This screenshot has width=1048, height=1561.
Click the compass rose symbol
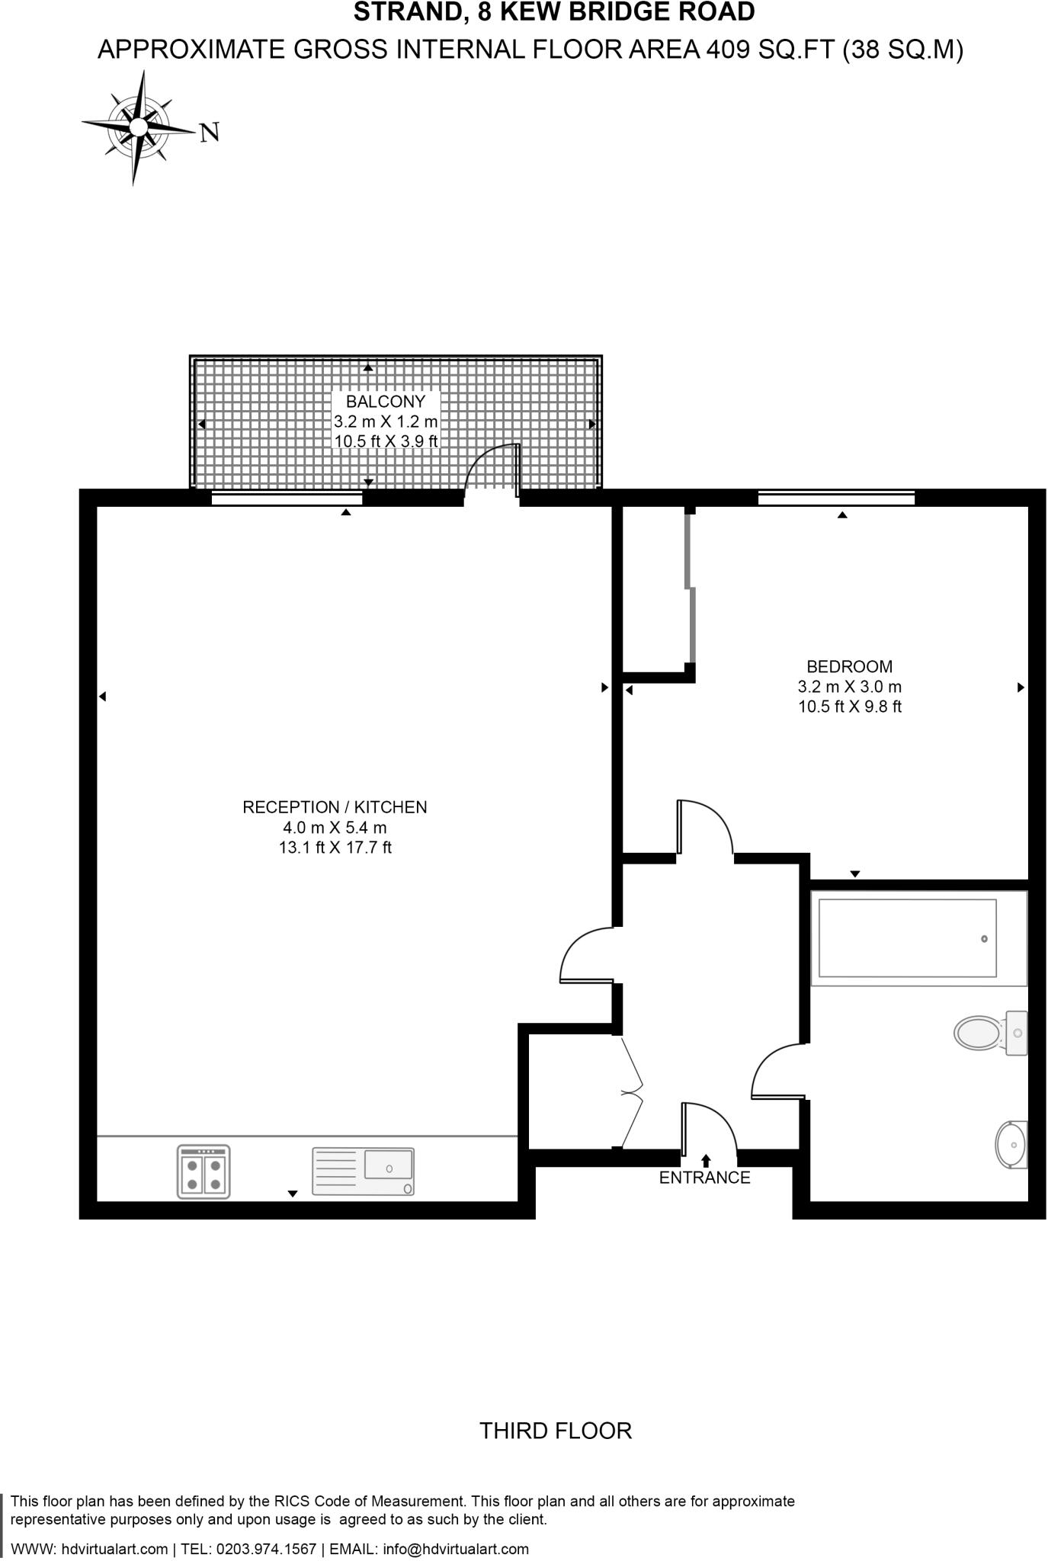tap(138, 127)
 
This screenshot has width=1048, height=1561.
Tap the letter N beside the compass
tap(210, 133)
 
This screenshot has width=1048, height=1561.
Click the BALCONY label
tap(386, 401)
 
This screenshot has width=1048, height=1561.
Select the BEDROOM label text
tap(850, 666)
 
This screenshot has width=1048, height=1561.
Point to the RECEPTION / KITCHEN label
tap(335, 807)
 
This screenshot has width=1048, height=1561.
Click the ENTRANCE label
tap(704, 1178)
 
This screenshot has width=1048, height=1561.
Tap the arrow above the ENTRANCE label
tap(706, 1161)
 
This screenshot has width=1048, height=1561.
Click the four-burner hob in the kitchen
tap(204, 1172)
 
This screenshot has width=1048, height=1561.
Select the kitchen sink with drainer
tap(364, 1172)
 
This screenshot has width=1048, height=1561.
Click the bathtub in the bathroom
tap(908, 938)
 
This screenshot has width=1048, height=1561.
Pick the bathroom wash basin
tap(1011, 1144)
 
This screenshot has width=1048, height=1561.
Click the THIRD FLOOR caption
tap(556, 1431)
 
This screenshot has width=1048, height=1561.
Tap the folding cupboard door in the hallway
tap(633, 1093)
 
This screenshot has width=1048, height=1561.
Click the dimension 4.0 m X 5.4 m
tap(335, 828)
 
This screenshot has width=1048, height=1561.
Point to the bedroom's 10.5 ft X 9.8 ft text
tap(850, 707)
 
